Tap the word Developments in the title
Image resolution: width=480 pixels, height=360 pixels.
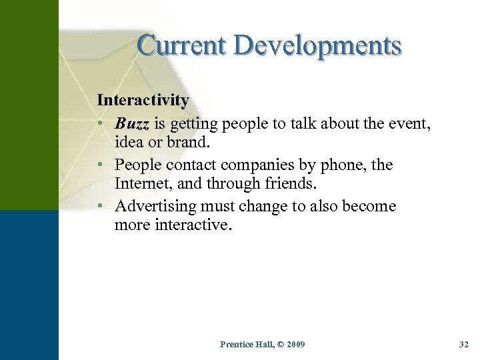point(320,45)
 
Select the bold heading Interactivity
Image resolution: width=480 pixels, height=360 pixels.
point(143,101)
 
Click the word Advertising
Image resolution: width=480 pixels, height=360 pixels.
point(159,206)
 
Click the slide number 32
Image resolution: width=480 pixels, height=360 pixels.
point(464,344)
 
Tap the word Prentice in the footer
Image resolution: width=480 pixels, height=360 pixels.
point(234,344)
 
